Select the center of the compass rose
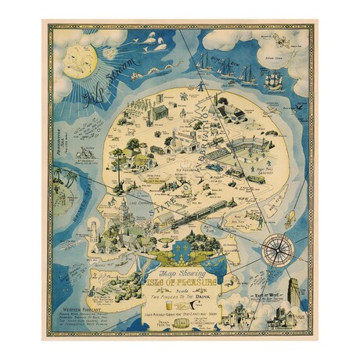pos(276,250)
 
